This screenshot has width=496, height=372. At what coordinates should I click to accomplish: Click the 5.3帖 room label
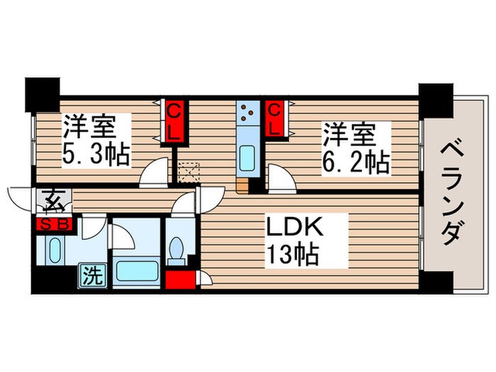click(x=96, y=142)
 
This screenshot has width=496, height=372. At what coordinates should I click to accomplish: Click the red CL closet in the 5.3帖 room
click(x=174, y=122)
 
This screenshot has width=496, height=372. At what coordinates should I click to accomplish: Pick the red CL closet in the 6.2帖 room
click(x=276, y=119)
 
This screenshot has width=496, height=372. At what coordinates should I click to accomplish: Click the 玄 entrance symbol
click(x=54, y=202)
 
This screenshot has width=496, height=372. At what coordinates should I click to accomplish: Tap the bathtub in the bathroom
click(x=135, y=271)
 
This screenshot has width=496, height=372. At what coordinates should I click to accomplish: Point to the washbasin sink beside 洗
click(x=55, y=250)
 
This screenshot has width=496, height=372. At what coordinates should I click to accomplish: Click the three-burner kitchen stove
click(x=248, y=111)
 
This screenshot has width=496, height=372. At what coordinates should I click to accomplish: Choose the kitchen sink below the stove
click(x=247, y=157)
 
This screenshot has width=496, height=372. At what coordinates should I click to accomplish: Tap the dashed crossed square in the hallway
click(x=189, y=172)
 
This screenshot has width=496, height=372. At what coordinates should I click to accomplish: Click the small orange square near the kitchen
click(x=243, y=187)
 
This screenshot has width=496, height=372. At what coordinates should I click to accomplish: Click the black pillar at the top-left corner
click(x=43, y=92)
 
